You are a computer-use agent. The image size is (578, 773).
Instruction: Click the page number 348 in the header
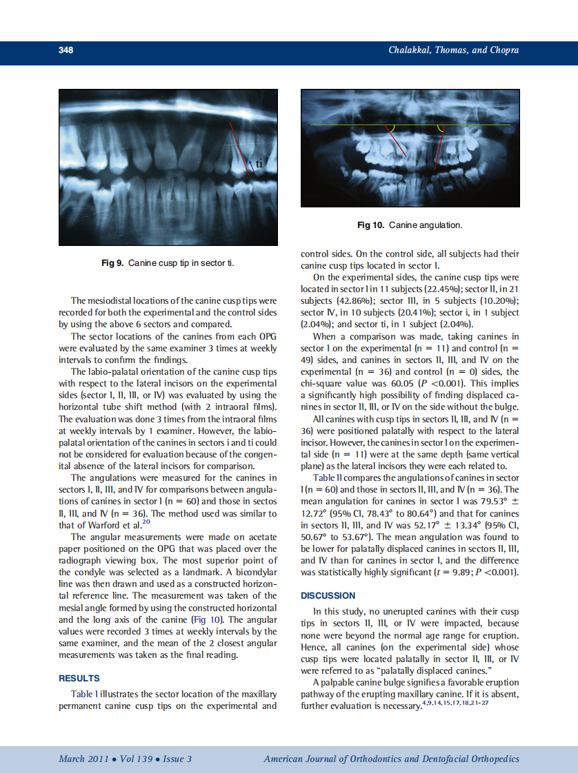tap(66, 50)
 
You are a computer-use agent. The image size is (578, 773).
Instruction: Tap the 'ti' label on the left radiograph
tap(259, 164)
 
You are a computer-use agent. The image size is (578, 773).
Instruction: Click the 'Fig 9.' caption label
tap(113, 264)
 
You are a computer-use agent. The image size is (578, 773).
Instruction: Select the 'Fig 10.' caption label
tap(371, 225)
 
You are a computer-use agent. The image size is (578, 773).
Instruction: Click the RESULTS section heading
tap(79, 679)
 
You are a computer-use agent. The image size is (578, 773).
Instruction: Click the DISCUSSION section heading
tap(328, 595)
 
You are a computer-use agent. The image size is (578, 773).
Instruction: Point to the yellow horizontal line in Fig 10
tap(345, 125)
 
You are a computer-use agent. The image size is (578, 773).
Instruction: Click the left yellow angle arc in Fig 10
tap(391, 129)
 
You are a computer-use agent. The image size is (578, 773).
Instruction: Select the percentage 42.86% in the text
tap(352, 301)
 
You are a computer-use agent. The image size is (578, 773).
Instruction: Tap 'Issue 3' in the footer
tap(177, 759)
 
